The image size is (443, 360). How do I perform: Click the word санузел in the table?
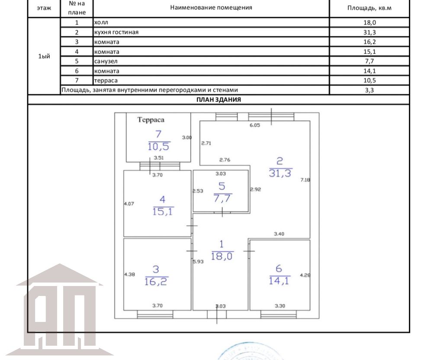point(106,61)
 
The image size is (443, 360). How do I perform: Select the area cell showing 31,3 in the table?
point(369,32)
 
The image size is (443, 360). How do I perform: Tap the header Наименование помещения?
point(211,8)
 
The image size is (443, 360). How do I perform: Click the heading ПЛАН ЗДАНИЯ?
point(218,100)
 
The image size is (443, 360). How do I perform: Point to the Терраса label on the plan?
point(151,120)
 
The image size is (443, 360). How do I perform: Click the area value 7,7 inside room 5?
point(222,198)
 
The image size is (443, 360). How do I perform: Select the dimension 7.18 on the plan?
point(305,180)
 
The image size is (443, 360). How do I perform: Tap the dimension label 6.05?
point(255,125)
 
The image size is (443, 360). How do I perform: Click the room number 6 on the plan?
point(279,268)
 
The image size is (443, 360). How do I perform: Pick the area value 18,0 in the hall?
point(221,256)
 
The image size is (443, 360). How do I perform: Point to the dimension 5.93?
point(198,262)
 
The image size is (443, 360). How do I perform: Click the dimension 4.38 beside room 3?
point(130,274)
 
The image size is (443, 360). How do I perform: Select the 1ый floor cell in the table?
point(44,56)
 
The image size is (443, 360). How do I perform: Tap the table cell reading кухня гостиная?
point(116,32)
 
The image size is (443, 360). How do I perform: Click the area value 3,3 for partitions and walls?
point(369,90)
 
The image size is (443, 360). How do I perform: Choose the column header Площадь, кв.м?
point(369,8)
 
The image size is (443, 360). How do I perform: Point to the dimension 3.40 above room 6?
point(279,234)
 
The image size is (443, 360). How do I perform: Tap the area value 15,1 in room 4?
point(163,211)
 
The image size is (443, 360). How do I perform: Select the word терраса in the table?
point(106,80)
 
